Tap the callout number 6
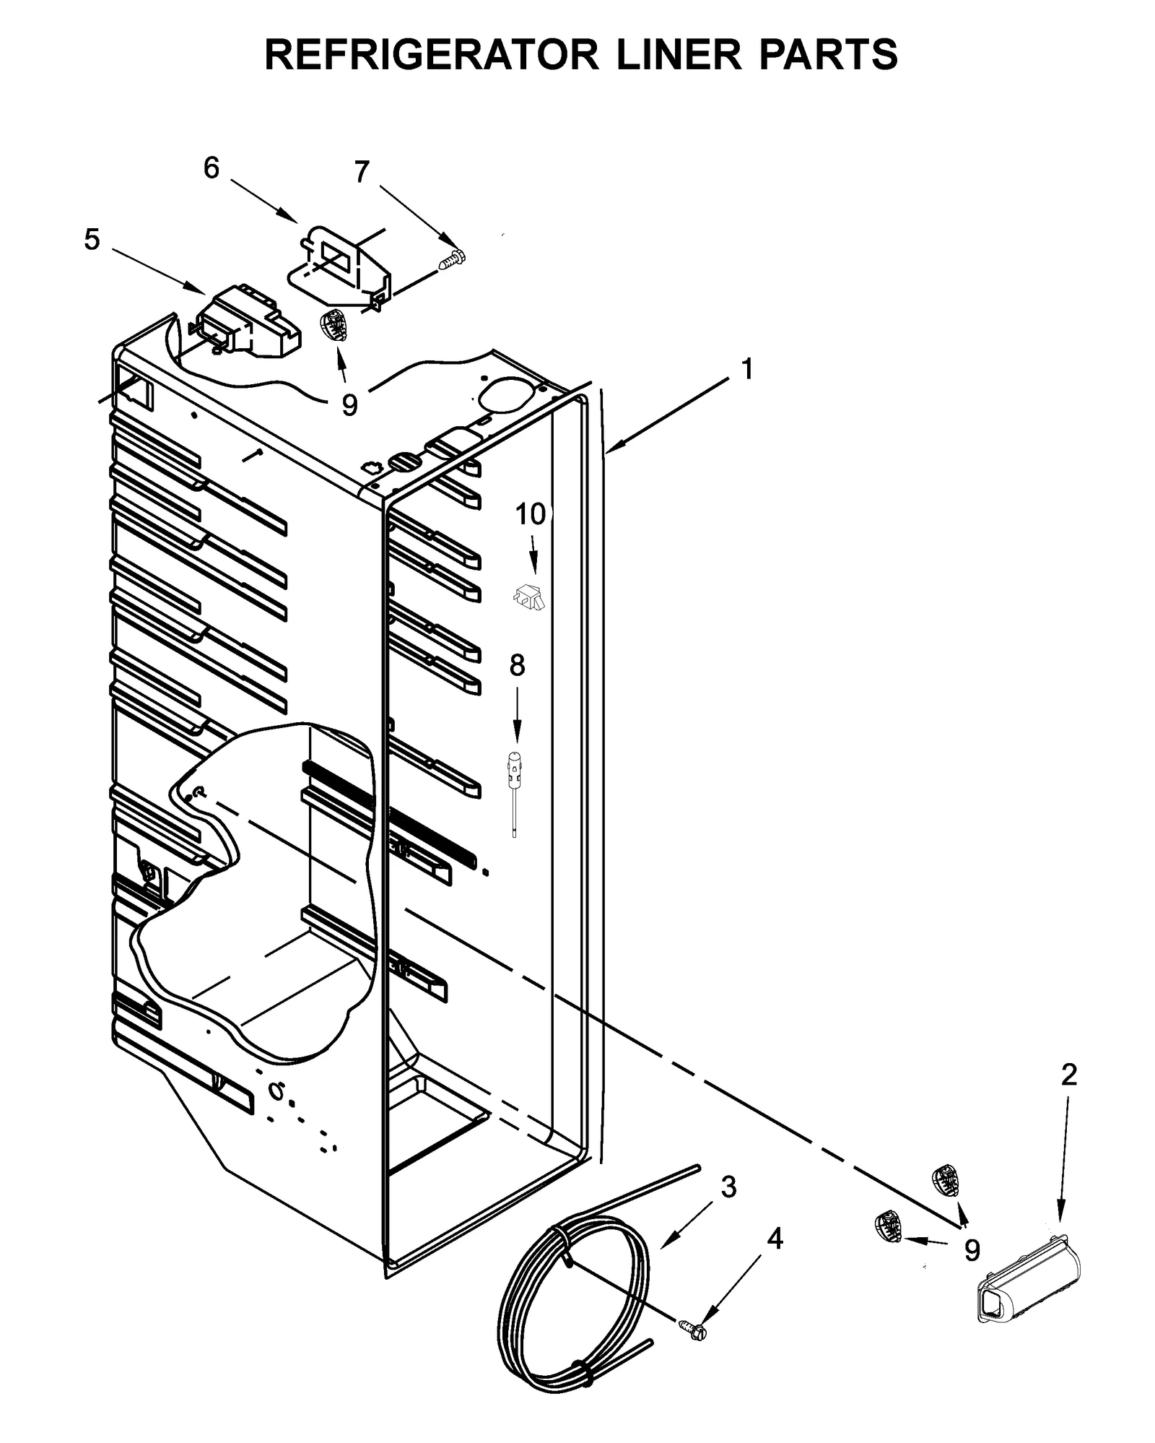pyautogui.click(x=211, y=168)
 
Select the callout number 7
pyautogui.click(x=361, y=172)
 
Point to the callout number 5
pyautogui.click(x=92, y=239)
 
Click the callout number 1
pyautogui.click(x=747, y=368)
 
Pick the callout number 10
pyautogui.click(x=530, y=514)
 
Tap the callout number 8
pyautogui.click(x=517, y=665)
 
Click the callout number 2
pyautogui.click(x=1068, y=1075)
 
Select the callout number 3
pyautogui.click(x=728, y=1187)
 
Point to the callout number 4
pyautogui.click(x=774, y=1239)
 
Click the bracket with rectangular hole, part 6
pyautogui.click(x=339, y=264)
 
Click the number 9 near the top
pyautogui.click(x=349, y=405)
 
